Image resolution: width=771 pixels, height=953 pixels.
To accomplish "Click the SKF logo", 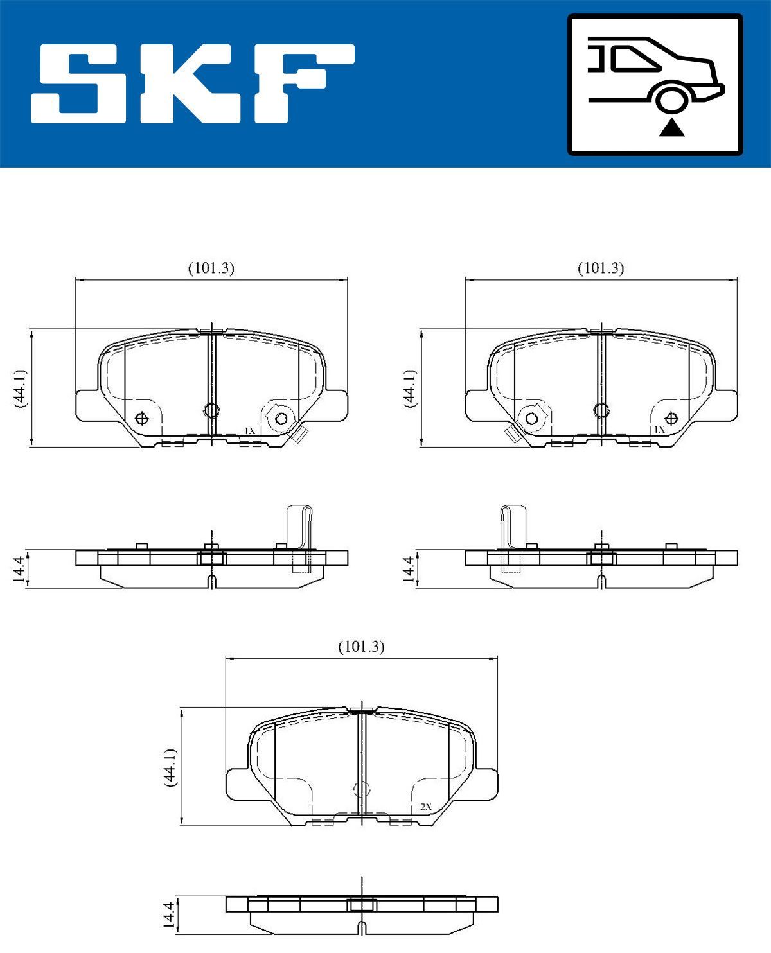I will pos(193,83).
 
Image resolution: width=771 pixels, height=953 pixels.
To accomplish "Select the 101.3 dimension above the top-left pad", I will pos(211,268).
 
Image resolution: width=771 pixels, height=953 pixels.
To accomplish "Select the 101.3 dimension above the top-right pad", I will pos(601,268).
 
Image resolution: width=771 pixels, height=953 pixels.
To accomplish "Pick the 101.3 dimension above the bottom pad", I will pos(361,647).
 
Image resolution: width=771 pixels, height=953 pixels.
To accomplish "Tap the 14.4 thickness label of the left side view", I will pos(19,569).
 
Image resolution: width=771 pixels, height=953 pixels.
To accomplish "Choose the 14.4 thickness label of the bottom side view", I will pos(169,914).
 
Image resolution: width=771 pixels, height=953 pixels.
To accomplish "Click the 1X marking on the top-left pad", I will pos(249,430).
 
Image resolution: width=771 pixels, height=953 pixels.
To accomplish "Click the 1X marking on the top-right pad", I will pos(659,429).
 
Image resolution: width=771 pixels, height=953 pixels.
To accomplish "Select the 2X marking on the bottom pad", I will pos(425,806).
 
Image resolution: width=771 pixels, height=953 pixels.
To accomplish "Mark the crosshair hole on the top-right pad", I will pos(671,419).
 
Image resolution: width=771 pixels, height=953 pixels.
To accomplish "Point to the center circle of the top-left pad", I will pos(211,410).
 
